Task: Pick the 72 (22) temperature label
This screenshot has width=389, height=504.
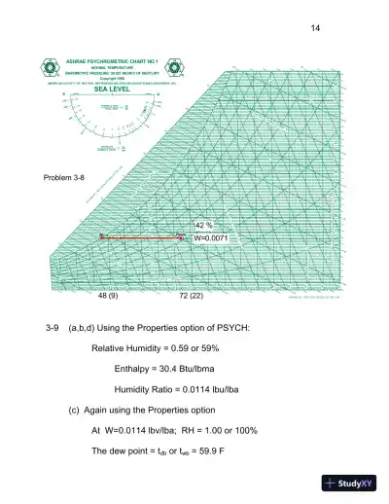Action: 191,294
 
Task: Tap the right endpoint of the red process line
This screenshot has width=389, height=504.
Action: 184,236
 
